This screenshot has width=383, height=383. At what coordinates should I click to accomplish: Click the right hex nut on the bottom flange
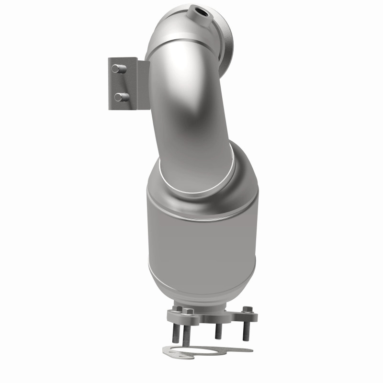click(247, 310)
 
